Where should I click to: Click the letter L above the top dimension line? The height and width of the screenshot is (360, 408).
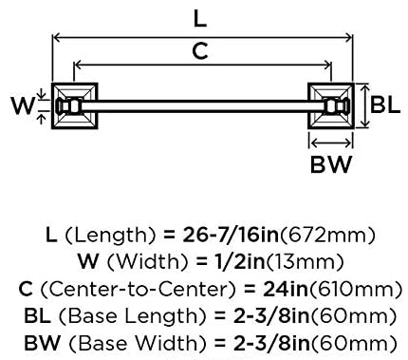point(200,20)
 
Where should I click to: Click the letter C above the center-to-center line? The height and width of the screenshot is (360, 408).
point(200,50)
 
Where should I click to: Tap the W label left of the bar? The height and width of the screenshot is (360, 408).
point(23,105)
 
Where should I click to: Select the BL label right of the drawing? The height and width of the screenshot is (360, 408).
point(385,104)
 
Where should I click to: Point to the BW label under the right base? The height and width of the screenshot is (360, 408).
point(331,164)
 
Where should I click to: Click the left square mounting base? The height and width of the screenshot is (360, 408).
point(75,106)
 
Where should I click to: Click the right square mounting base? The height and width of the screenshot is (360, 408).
point(331,106)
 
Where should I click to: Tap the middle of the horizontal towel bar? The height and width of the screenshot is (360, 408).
point(202,106)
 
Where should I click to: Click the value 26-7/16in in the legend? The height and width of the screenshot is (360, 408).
point(231,235)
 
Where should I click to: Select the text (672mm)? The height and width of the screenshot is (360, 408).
point(327,236)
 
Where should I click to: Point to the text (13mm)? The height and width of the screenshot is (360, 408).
point(305,262)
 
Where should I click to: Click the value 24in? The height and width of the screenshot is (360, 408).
point(286,289)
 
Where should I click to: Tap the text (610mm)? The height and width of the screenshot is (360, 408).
point(355,290)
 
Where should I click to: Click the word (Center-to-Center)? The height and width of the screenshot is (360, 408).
point(139,290)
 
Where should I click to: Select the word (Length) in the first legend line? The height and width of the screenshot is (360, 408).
point(110,236)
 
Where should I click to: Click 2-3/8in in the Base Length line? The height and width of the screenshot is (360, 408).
point(271,316)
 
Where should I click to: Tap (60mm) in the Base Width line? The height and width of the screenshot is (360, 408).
point(353,343)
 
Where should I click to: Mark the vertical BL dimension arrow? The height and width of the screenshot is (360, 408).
point(364,106)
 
